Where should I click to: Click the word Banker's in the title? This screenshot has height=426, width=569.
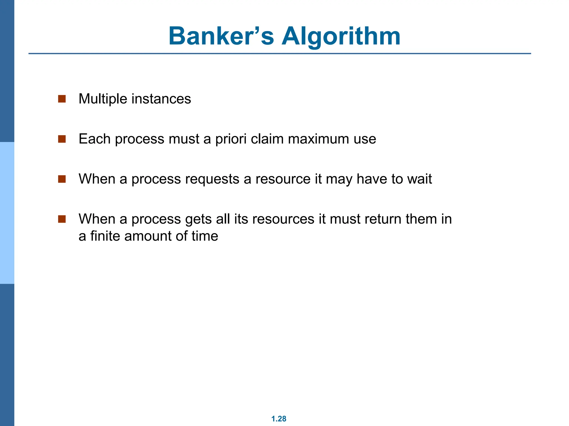coord(221,36)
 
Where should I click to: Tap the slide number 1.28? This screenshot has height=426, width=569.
coord(279,419)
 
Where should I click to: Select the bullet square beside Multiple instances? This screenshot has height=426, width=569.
coord(62,99)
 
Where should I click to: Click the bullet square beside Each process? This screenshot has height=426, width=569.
coord(62,139)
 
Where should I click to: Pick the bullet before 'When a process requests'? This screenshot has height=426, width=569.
coord(62,179)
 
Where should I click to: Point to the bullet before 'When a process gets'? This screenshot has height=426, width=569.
coord(62,219)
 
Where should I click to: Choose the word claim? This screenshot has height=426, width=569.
coord(267,139)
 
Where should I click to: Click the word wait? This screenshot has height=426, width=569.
coord(420,179)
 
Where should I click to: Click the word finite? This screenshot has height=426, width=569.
coord(105,236)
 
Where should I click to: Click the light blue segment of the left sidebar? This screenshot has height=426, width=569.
coord(7,213)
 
